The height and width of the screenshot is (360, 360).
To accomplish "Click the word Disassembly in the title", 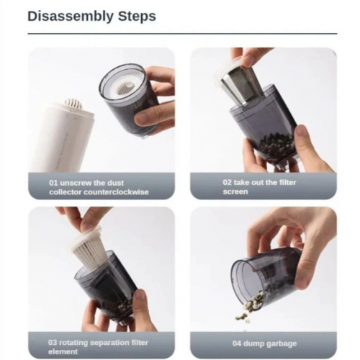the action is point(71,17).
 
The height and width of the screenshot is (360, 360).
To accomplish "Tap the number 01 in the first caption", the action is point(53,183).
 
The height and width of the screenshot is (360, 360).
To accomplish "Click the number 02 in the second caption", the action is point(227,182).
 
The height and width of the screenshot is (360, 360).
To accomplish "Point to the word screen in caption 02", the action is point(235,192).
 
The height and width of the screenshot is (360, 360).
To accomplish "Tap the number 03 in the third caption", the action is point(53,342).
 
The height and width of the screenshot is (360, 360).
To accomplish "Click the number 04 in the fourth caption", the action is point(237,343).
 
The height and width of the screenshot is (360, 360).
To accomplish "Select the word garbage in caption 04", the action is point(282,343).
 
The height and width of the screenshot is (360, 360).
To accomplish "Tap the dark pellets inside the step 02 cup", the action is point(276,145).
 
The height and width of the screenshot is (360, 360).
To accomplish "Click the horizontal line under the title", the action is point(182,34).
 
